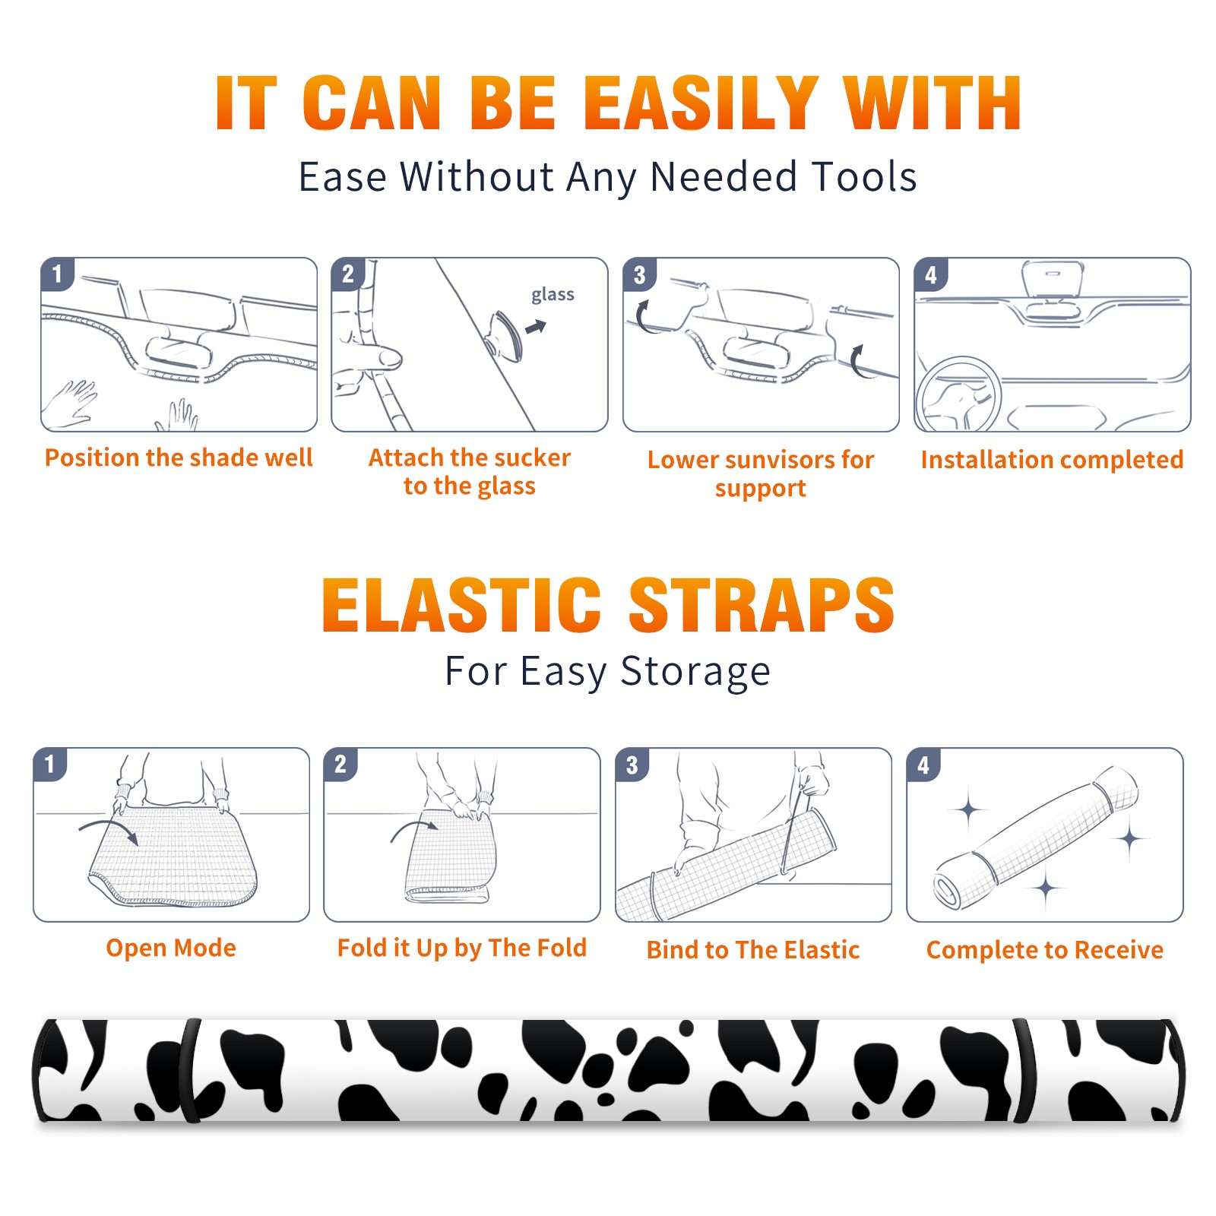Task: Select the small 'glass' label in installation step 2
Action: (x=553, y=295)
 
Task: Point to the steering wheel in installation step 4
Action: (x=958, y=395)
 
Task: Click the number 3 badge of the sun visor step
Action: (x=639, y=274)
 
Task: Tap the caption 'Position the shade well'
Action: (x=179, y=458)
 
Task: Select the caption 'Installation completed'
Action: (x=1053, y=460)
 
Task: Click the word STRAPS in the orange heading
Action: (x=762, y=605)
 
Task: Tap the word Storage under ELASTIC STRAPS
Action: (x=695, y=672)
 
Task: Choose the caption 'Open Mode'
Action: (x=171, y=948)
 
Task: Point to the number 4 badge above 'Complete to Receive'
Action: (x=923, y=765)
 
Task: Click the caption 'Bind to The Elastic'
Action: (x=753, y=950)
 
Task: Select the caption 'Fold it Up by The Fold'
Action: (x=462, y=948)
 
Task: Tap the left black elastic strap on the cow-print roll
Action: (x=189, y=1070)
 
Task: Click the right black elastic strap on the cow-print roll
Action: (x=1025, y=1070)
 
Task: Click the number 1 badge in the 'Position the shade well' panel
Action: (x=57, y=274)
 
